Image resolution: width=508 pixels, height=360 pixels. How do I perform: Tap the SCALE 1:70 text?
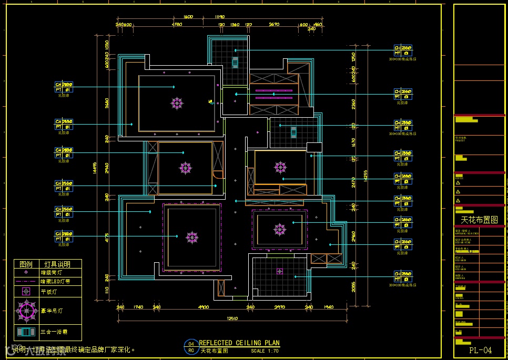(x=265, y=351)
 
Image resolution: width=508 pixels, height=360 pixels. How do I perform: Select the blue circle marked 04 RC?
(x=191, y=347)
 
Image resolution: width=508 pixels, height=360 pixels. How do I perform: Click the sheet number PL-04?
(x=480, y=350)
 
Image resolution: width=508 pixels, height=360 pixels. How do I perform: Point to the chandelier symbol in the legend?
(x=26, y=311)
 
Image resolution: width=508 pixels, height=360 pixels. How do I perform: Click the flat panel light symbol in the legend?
(x=26, y=291)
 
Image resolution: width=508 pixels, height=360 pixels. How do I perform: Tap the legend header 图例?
(x=26, y=264)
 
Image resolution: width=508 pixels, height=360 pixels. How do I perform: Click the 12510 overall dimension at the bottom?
(x=232, y=318)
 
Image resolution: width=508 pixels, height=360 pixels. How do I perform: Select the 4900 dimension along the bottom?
(x=204, y=307)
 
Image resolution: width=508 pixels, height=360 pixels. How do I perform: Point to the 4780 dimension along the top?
(x=177, y=24)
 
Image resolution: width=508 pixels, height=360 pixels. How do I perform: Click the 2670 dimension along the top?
(x=274, y=24)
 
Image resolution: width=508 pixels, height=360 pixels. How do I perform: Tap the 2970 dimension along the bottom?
(x=279, y=307)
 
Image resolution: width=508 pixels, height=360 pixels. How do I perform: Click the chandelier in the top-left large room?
(x=177, y=103)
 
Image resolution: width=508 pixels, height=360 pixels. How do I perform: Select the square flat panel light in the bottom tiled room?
(x=279, y=271)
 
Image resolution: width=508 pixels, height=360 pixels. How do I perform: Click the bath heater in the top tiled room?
(x=235, y=63)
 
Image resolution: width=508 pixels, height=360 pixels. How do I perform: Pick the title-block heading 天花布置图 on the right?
(x=479, y=220)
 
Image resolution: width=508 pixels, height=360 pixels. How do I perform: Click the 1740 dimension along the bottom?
(x=138, y=307)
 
